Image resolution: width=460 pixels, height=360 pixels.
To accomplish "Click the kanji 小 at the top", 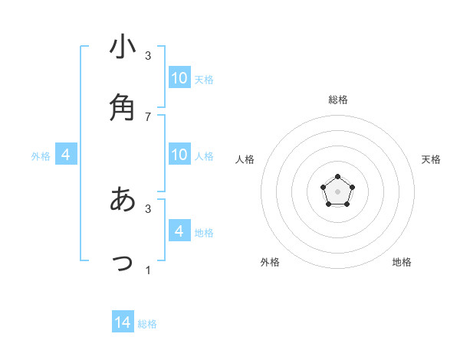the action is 123,47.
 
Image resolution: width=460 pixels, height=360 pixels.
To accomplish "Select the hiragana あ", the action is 123,199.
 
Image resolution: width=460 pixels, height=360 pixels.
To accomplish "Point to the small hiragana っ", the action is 123,263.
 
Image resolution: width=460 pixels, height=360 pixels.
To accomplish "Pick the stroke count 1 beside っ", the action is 148,270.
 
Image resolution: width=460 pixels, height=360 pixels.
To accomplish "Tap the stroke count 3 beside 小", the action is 148,55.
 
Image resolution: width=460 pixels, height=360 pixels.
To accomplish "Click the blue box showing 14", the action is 123,322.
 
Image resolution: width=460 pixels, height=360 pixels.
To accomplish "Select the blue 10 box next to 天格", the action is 179,78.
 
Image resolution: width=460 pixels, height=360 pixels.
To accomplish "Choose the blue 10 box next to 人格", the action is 179,155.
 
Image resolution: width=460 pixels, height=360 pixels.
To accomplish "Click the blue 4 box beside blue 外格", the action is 66,155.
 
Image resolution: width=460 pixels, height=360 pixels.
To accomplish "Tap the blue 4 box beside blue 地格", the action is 179,231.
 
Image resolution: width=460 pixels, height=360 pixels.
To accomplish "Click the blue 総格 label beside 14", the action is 147,324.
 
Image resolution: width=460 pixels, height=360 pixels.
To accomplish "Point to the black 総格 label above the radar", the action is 337,100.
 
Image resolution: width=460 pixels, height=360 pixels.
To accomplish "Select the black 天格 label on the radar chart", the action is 431,159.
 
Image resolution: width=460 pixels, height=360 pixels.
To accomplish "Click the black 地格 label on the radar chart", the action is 402,262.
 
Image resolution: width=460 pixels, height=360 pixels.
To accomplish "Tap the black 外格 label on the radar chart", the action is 270,262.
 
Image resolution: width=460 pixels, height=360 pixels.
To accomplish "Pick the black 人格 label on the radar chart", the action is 245,159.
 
